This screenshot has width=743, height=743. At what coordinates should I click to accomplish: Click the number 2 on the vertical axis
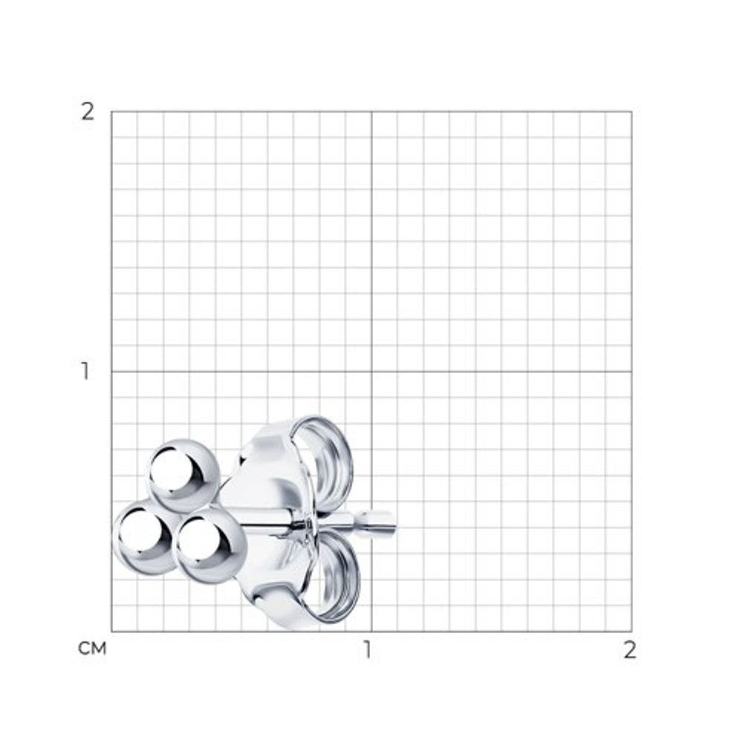tap(88, 112)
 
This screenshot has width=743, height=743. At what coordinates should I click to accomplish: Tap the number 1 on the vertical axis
tap(85, 371)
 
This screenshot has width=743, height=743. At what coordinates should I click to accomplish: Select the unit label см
tap(92, 648)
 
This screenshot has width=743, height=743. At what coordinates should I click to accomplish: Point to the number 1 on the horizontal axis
tap(367, 650)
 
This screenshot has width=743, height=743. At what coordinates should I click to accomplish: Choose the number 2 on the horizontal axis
tap(629, 650)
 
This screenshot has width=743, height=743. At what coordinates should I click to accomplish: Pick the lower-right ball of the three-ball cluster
tap(212, 546)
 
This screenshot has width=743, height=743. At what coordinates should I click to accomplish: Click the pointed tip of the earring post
tap(396, 526)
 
